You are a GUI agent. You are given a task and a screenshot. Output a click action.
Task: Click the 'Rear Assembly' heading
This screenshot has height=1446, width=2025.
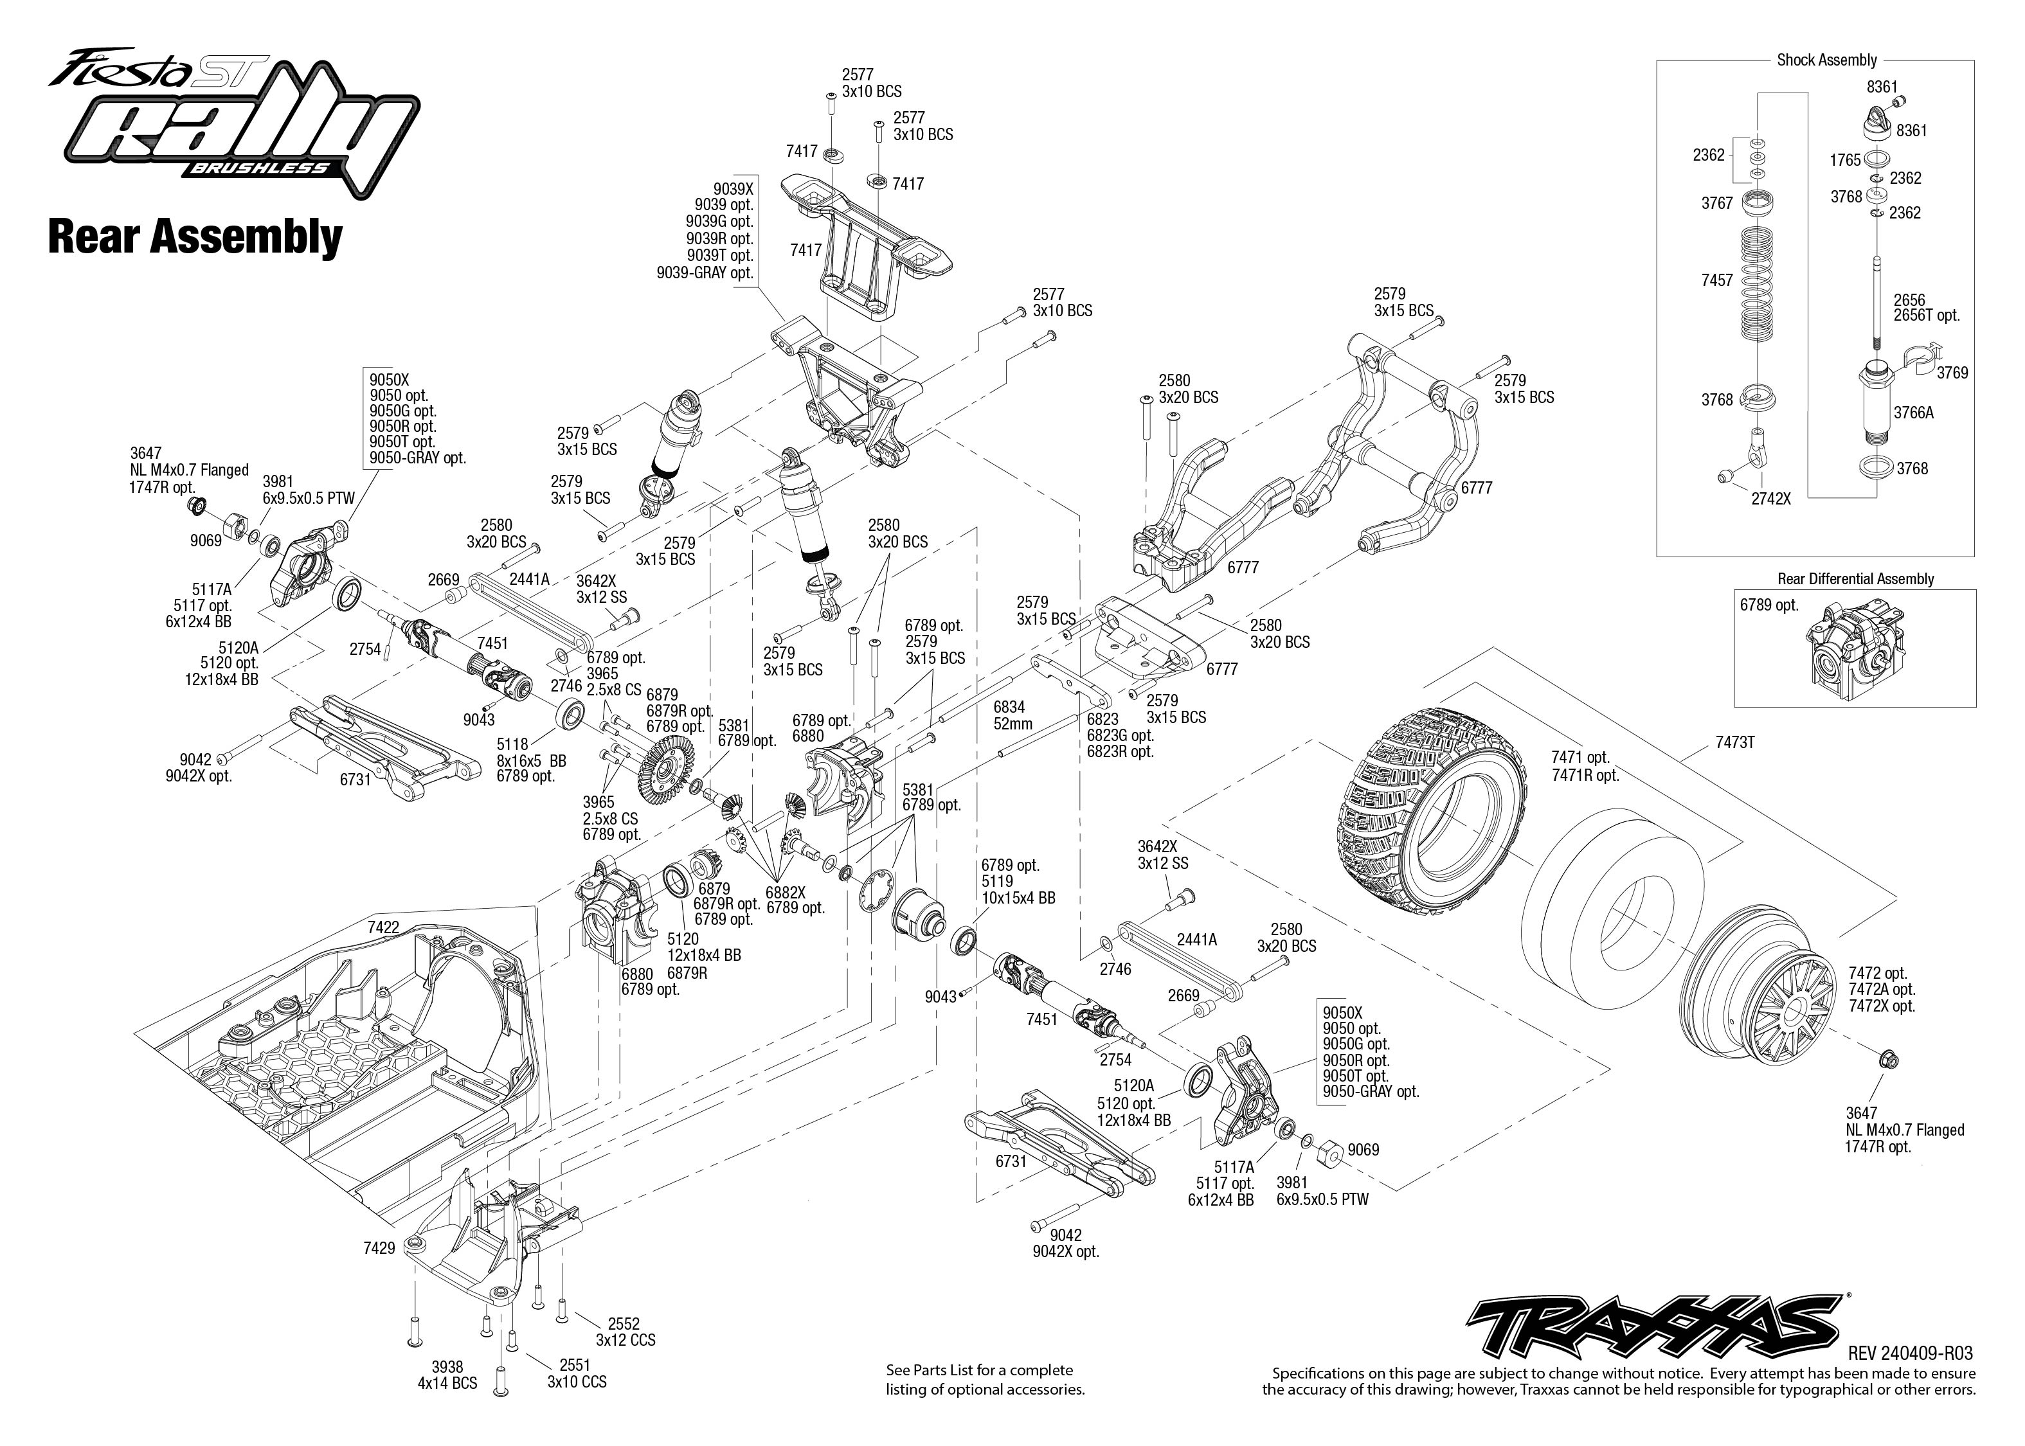pyautogui.click(x=195, y=237)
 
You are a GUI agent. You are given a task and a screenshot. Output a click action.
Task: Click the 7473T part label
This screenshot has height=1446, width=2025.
pyautogui.click(x=1734, y=742)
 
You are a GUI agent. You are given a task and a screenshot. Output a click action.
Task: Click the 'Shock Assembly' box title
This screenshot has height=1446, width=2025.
pyautogui.click(x=1826, y=60)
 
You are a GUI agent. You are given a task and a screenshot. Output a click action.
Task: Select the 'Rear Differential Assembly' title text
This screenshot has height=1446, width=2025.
pyautogui.click(x=1856, y=579)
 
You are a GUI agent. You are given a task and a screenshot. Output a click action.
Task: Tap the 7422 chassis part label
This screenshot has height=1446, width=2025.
pyautogui.click(x=383, y=927)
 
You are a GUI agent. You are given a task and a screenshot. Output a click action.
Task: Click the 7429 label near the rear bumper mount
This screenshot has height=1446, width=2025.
pyautogui.click(x=379, y=1248)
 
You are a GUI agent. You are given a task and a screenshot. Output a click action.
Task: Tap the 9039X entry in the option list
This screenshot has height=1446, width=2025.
pyautogui.click(x=732, y=189)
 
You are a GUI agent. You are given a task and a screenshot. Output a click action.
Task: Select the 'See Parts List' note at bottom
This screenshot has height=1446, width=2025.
pyautogui.click(x=985, y=1379)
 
